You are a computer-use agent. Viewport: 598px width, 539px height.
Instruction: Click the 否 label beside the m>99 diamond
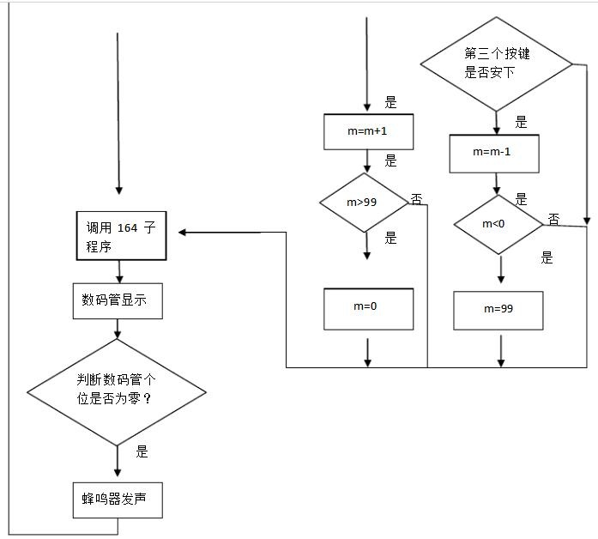pyautogui.click(x=416, y=199)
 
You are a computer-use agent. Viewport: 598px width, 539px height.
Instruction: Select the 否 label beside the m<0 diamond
pyautogui.click(x=553, y=219)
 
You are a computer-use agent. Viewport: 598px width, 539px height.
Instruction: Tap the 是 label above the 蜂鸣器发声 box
pyautogui.click(x=142, y=451)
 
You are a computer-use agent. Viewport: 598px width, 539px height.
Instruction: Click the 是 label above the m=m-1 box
pyautogui.click(x=521, y=122)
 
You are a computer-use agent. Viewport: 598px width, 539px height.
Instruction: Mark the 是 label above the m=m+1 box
pyautogui.click(x=390, y=102)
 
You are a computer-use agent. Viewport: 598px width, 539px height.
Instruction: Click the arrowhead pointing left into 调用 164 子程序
pyautogui.click(x=182, y=233)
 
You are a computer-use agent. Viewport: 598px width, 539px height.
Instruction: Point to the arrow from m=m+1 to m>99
pyautogui.click(x=367, y=161)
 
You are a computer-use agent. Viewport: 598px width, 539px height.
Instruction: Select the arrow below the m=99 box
pyautogui.click(x=501, y=351)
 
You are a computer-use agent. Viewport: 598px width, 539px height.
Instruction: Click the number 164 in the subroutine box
pyautogui.click(x=127, y=227)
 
